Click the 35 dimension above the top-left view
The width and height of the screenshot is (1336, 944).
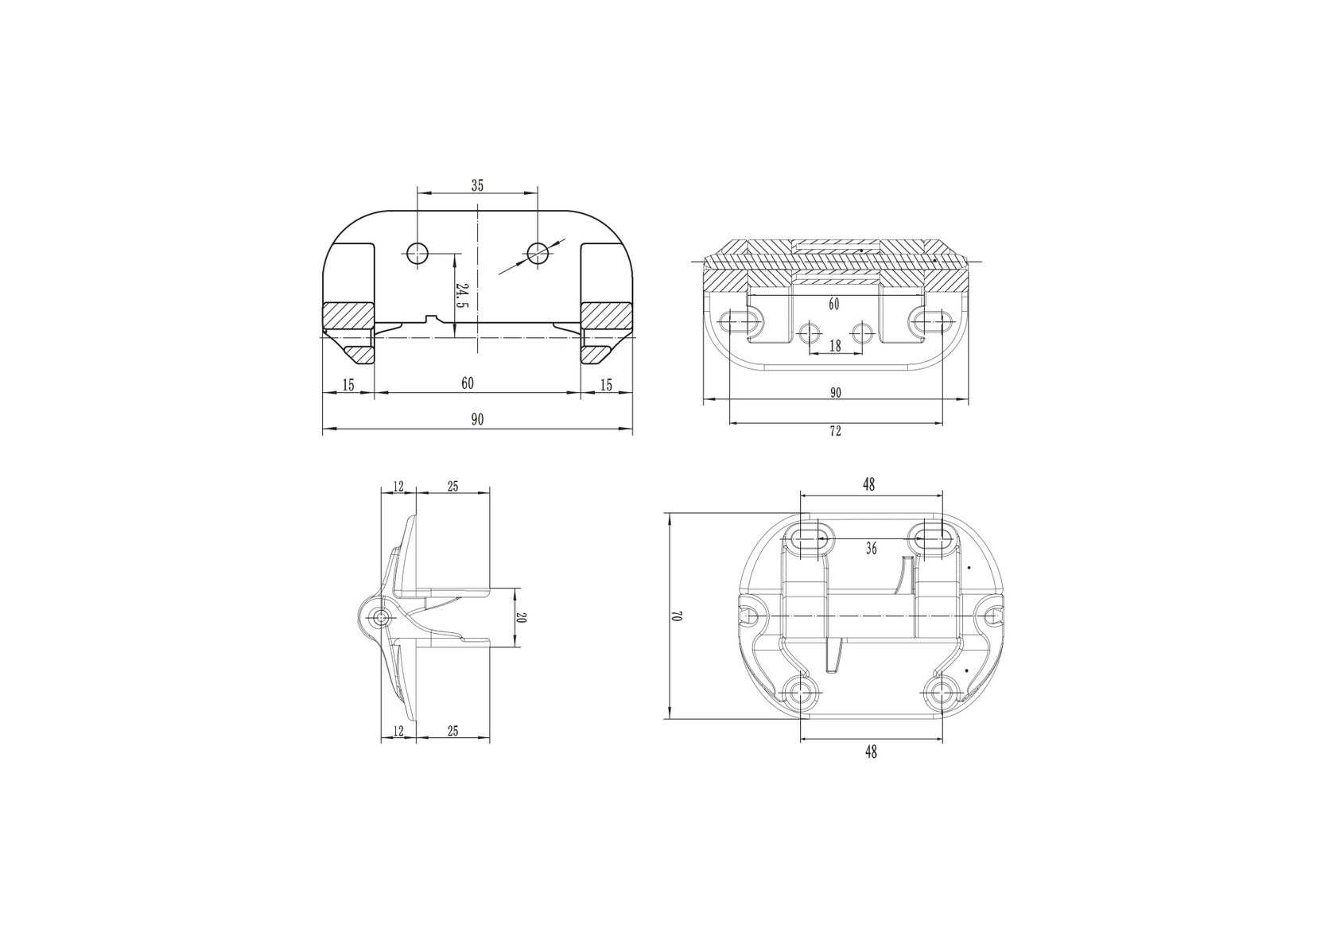click(x=477, y=185)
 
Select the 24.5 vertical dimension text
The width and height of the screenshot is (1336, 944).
click(x=461, y=295)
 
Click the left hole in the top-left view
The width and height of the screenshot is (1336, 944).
click(x=417, y=254)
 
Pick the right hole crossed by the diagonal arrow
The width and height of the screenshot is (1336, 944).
click(x=538, y=254)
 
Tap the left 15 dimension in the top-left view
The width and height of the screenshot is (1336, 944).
click(x=348, y=385)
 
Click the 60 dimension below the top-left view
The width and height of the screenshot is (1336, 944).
click(x=468, y=384)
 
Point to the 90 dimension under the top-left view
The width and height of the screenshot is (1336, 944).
click(x=477, y=421)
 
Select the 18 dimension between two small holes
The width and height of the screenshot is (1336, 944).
click(x=835, y=345)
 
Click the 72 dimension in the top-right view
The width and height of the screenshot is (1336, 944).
click(x=835, y=431)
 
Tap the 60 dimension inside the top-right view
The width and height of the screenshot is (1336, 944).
click(x=833, y=304)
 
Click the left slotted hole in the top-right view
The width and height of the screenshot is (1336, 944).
click(x=740, y=321)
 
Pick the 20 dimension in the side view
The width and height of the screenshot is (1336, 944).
click(x=521, y=618)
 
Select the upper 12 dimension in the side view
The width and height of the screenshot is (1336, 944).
click(x=398, y=487)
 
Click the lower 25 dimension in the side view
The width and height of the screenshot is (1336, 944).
click(x=452, y=731)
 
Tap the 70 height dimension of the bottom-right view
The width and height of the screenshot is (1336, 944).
click(x=678, y=616)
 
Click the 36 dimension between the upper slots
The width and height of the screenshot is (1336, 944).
click(x=872, y=548)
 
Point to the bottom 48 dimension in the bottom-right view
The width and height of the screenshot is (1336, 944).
click(x=871, y=751)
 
